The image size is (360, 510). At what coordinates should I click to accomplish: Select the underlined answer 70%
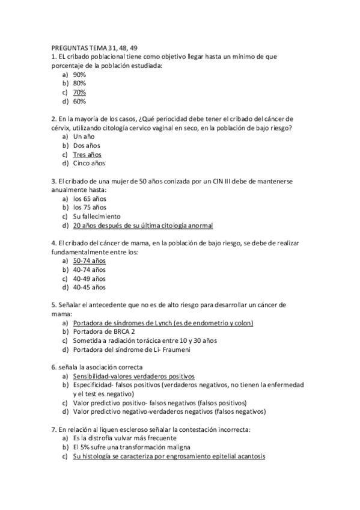(x=79, y=93)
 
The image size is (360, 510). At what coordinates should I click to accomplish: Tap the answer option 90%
(x=79, y=75)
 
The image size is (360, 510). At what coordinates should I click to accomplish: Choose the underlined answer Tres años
(x=87, y=154)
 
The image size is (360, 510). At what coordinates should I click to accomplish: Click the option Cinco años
(x=89, y=163)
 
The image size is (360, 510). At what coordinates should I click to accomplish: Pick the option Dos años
(x=87, y=146)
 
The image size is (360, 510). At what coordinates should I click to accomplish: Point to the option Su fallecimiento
(x=97, y=216)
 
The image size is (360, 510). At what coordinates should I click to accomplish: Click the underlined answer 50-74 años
(x=89, y=261)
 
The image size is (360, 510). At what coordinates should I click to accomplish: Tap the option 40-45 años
(x=89, y=287)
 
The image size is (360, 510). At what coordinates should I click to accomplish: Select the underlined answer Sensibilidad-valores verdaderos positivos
(x=133, y=375)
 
